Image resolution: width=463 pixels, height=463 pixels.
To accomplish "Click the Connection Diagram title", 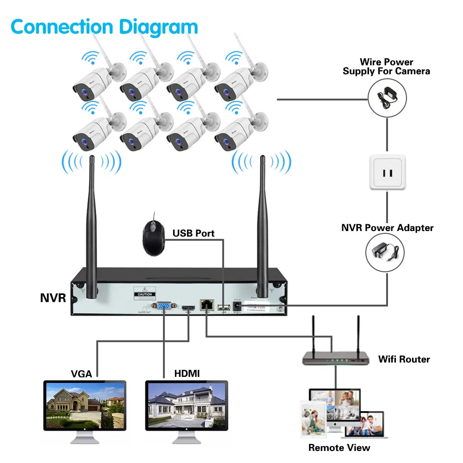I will point(104,26).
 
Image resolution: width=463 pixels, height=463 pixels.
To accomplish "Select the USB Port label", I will point(194,233).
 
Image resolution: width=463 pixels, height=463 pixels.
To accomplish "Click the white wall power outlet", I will point(387,172).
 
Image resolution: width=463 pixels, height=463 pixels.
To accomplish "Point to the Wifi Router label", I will point(404,359).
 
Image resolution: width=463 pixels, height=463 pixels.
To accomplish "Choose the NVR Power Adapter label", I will point(387,228).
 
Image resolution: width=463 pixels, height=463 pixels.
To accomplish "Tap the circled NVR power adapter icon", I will point(385,252).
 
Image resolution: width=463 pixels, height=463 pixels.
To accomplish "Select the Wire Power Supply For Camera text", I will point(386,66).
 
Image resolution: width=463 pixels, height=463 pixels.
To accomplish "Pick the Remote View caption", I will point(339,448).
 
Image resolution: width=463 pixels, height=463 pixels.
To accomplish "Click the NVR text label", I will point(53,298).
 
